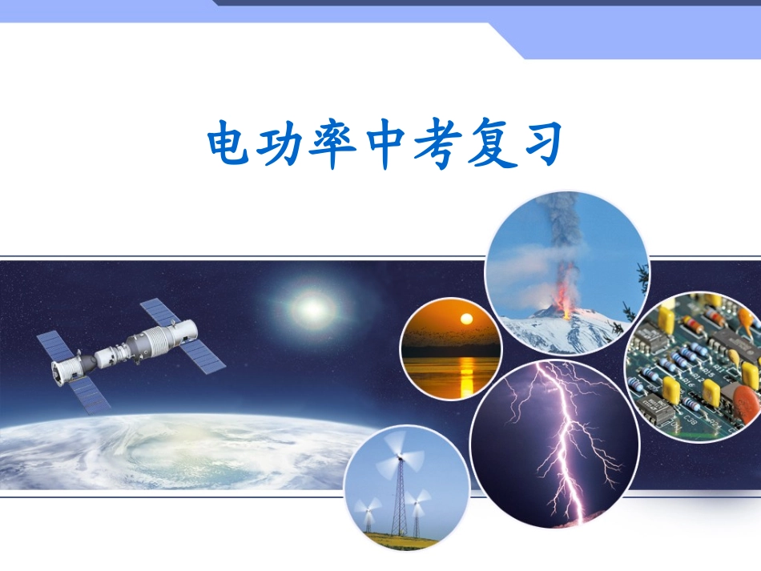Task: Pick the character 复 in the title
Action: click(x=485, y=144)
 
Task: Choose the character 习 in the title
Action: click(x=536, y=144)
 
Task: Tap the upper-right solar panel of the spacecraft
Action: click(x=160, y=316)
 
